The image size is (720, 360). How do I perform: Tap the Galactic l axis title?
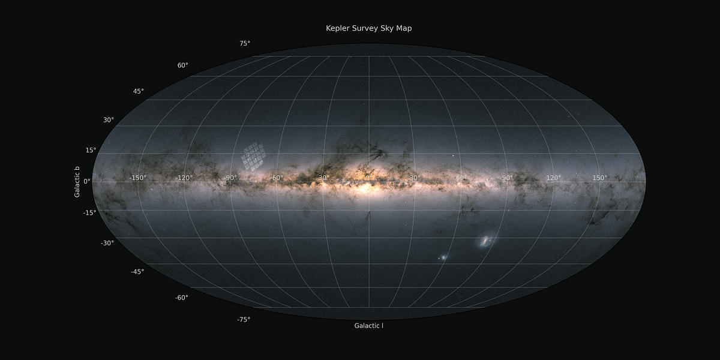coord(368,326)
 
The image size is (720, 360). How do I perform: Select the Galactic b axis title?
coord(77,182)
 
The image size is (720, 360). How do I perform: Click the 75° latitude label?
coord(245,43)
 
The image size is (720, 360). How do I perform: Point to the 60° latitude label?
coord(182,65)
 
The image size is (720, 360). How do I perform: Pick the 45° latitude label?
coord(139,91)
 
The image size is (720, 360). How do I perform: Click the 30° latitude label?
coord(109,120)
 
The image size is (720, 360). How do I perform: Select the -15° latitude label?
coord(90,212)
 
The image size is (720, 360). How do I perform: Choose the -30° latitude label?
coord(107,243)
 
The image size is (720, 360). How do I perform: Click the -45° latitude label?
coord(137,272)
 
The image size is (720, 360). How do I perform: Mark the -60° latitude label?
coord(181,298)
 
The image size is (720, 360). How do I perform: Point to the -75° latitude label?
coord(243,320)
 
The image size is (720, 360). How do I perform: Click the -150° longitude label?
coord(138,178)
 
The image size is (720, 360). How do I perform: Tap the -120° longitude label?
coord(184,178)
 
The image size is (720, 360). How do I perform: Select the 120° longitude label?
coord(553,178)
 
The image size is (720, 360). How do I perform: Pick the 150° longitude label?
coord(600,178)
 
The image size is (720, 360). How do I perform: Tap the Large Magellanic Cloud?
coord(485,241)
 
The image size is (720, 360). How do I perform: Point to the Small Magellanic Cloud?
coord(443,258)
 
